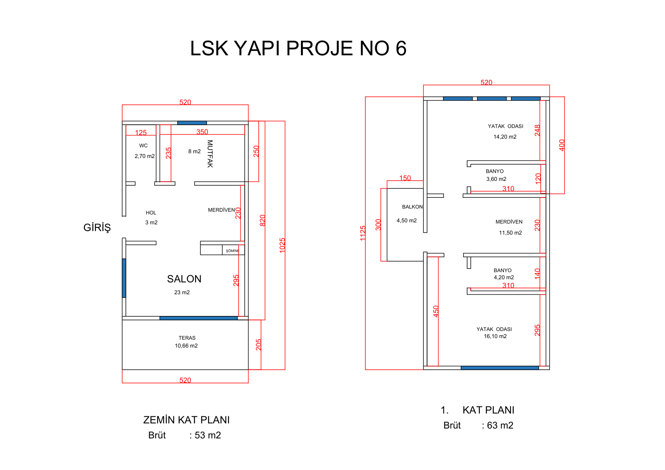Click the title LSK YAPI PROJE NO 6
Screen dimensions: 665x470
coord(298,49)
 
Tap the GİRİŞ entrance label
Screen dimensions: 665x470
coord(97,228)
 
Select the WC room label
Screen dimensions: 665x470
coord(143,146)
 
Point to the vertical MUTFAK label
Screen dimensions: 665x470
coord(210,154)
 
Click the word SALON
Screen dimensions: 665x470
coord(184,279)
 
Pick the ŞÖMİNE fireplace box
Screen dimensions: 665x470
coord(233,250)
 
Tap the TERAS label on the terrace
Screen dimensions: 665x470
coord(187,338)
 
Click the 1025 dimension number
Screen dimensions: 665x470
coord(282,245)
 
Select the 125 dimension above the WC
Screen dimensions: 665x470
coord(141,133)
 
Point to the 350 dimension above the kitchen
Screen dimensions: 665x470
coord(202,132)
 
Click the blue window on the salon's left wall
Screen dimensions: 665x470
coord(124,278)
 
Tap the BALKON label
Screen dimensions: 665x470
coord(412,207)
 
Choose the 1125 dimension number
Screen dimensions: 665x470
coord(363,233)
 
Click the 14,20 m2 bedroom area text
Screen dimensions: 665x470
coord(505,137)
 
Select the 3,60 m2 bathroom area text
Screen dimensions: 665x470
coord(496,179)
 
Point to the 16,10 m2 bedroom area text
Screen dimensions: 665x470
coord(495,337)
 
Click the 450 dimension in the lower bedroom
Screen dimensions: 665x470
coord(436,312)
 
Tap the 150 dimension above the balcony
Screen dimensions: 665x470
coord(405,178)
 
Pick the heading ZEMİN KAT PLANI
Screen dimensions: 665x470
coord(186,420)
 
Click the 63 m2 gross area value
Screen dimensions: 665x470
coord(500,425)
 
